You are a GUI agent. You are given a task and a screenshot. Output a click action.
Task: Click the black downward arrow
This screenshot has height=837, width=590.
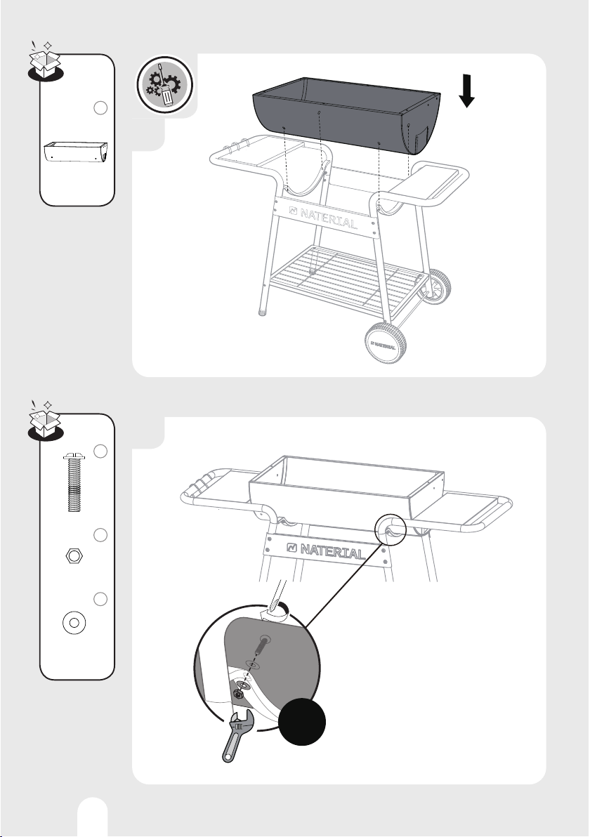tap(467, 91)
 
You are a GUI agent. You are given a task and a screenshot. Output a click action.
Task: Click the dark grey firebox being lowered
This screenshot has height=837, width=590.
tap(347, 116)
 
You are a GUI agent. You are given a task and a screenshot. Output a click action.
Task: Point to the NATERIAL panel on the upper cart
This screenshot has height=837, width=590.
tap(324, 216)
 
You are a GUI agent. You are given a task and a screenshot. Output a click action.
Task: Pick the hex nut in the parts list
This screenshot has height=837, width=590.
tap(74, 556)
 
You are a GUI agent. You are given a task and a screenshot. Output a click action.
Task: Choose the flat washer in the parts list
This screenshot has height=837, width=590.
tap(74, 622)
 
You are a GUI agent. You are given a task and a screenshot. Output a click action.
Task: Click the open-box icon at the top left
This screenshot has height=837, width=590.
tap(46, 62)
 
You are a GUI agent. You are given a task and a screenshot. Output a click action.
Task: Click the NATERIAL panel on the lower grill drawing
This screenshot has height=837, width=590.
tap(325, 549)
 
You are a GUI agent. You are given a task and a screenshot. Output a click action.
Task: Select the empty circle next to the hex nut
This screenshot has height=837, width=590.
tap(100, 535)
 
